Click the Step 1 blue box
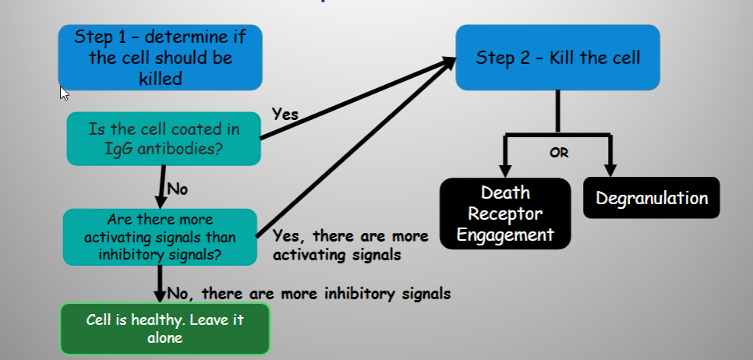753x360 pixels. [161, 58]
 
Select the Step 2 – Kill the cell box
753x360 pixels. [557, 58]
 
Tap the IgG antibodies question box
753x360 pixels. [164, 139]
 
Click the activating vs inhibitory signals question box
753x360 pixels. [161, 237]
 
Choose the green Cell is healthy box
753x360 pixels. [164, 329]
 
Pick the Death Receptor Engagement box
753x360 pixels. [505, 214]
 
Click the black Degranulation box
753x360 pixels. [652, 198]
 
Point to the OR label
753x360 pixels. [559, 154]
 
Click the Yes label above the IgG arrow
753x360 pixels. [285, 115]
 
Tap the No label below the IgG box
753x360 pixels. [177, 189]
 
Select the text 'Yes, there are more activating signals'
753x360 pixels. [351, 245]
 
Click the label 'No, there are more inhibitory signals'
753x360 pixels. [309, 293]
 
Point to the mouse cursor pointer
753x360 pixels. [65, 94]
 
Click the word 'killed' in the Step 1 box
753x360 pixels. [161, 79]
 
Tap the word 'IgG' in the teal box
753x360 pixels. [119, 149]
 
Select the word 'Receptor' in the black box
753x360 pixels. [505, 214]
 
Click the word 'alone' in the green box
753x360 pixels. [164, 337]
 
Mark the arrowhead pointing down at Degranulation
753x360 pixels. [610, 171]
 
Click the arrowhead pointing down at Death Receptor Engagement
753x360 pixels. [504, 171]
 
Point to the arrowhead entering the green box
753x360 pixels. [160, 295]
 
